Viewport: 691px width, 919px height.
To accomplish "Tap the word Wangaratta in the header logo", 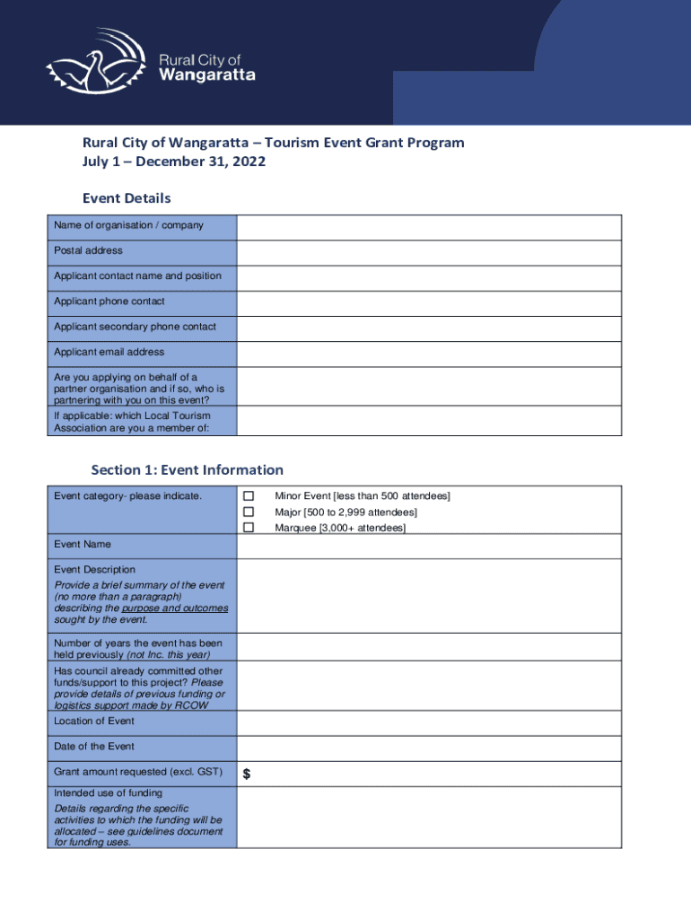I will (x=206, y=75).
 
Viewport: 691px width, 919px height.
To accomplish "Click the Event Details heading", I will (x=127, y=198).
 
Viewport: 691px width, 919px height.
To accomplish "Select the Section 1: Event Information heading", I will (x=187, y=470).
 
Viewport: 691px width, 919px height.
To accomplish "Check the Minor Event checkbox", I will (x=249, y=496).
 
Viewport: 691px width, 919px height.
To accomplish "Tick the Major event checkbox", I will (x=249, y=512).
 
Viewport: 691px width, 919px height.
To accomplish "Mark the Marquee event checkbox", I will (x=249, y=528).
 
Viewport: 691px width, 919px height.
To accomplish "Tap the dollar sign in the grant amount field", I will (x=246, y=775).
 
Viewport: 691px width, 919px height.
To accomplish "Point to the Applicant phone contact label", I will (x=109, y=302).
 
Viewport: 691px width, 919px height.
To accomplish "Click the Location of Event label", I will (x=93, y=721).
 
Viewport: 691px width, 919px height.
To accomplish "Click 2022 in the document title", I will (x=249, y=162).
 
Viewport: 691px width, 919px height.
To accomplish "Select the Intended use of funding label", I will (x=108, y=793).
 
